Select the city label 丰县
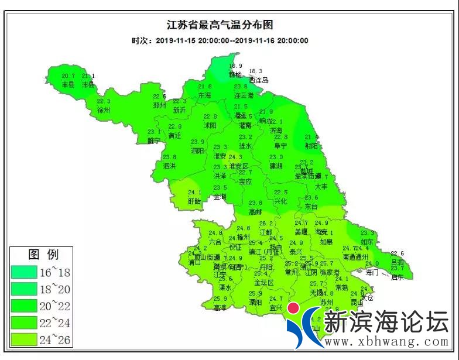pos(68,84)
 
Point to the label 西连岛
pos(258,80)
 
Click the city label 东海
pos(204,95)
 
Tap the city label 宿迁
pos(174,135)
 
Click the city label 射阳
pos(312,146)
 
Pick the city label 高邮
pos(256,211)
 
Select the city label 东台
pos(311,207)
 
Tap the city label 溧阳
pos(255,303)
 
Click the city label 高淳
pos(220,307)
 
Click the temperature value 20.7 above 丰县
pos(68,76)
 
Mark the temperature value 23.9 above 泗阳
pos(198,142)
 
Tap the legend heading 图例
pos(43,255)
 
